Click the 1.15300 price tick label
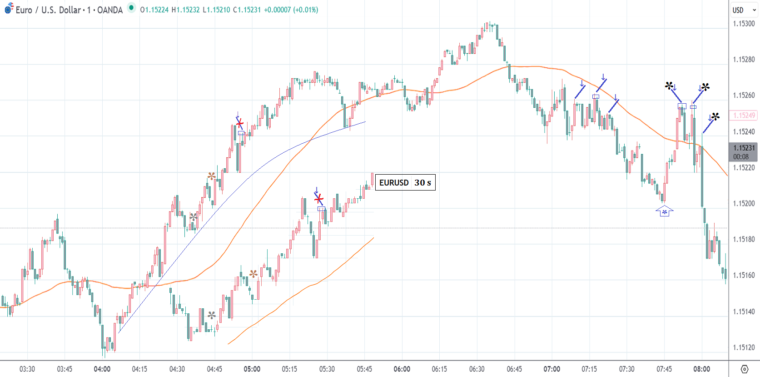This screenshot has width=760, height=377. click(744, 24)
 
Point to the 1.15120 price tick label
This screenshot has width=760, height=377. click(744, 347)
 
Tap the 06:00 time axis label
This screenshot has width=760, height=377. click(402, 369)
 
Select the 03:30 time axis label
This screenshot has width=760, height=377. click(27, 369)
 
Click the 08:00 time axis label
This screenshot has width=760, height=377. click(701, 369)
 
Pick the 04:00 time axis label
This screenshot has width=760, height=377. click(102, 369)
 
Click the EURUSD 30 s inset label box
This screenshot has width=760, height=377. click(405, 182)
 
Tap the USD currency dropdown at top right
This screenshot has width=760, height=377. click(744, 10)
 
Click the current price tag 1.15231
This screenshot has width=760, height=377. click(744, 148)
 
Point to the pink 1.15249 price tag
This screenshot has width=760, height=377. click(744, 116)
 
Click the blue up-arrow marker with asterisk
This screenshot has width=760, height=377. click(664, 211)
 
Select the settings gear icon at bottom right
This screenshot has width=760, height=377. click(744, 369)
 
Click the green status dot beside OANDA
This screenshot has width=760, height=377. click(131, 8)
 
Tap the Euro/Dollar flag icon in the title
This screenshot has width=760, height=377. click(9, 9)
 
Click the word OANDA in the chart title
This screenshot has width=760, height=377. click(110, 10)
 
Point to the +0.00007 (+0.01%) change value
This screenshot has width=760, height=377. click(291, 10)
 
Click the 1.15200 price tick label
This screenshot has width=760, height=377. click(744, 203)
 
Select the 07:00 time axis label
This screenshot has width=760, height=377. click(551, 369)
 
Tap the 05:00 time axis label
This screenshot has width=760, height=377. click(252, 369)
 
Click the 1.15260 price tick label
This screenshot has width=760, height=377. click(744, 96)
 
